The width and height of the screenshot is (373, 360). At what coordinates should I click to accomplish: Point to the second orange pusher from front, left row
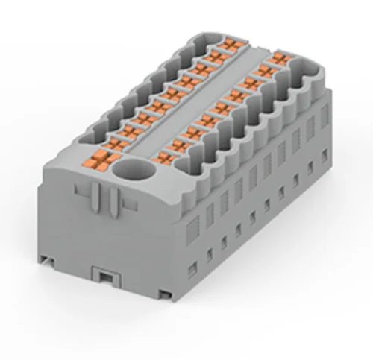click(x=116, y=141)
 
